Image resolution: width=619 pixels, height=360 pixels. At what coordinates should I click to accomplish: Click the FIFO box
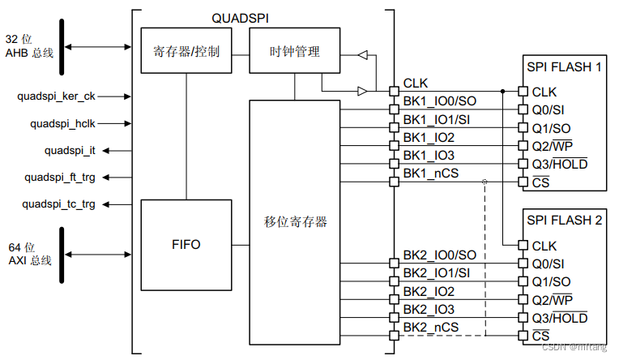(x=186, y=243)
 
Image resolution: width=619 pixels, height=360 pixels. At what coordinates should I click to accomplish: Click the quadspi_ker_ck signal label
(x=56, y=96)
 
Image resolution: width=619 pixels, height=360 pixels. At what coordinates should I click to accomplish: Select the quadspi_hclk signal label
(x=62, y=124)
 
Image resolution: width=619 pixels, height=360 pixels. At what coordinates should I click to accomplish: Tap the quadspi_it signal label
(x=70, y=151)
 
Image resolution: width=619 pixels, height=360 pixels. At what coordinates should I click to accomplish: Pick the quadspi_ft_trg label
(x=59, y=178)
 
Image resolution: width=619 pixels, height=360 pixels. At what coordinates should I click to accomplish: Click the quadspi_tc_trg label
(x=59, y=204)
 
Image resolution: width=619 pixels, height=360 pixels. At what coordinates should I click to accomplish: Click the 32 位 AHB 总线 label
(x=28, y=45)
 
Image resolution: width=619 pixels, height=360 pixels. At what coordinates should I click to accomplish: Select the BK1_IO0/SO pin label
(x=439, y=101)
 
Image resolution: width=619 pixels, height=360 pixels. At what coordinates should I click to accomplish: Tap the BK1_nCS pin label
(x=430, y=173)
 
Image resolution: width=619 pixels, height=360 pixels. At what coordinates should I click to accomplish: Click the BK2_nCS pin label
(x=430, y=327)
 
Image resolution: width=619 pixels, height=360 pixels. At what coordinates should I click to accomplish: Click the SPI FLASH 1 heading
(x=564, y=66)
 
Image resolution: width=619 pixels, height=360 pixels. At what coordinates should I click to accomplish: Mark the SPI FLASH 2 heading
(x=564, y=220)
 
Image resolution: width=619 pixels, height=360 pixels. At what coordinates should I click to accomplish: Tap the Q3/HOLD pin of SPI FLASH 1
(x=559, y=164)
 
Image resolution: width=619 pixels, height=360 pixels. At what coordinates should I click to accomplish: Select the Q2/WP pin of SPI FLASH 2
(x=553, y=299)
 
